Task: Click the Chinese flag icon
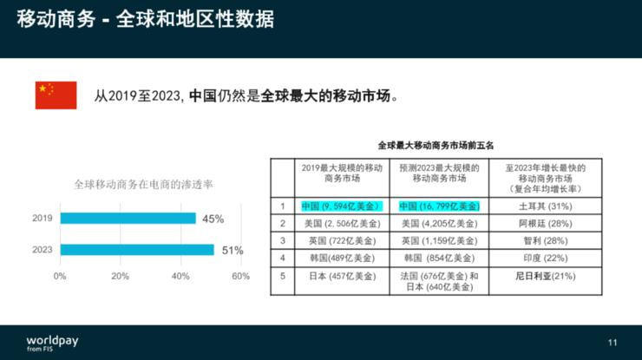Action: click(56, 95)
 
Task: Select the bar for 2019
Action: click(127, 219)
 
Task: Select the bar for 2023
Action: click(136, 250)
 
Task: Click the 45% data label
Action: click(213, 219)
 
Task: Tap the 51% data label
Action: click(233, 251)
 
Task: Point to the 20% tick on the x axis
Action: click(120, 276)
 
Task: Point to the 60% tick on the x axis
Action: click(240, 276)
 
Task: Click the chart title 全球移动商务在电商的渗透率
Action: click(144, 185)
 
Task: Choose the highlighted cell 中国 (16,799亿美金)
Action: click(439, 206)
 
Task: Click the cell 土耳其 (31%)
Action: click(544, 206)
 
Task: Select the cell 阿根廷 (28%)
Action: click(544, 223)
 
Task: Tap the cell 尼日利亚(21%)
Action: click(545, 276)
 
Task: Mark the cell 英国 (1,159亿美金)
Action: click(439, 240)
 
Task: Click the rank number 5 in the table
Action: click(283, 276)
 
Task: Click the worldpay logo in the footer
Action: click(51, 342)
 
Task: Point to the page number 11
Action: click(613, 343)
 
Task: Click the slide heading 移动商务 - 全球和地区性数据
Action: click(146, 19)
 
